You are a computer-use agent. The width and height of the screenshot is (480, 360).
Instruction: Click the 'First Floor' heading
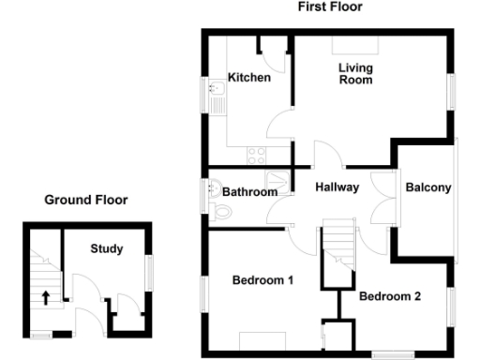pyautogui.click(x=330, y=7)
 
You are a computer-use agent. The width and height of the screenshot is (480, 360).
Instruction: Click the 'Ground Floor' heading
pyautogui.click(x=86, y=200)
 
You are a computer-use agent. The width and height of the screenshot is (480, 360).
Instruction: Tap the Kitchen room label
pyautogui.click(x=249, y=78)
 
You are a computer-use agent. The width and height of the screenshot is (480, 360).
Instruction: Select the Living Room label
pyautogui.click(x=355, y=74)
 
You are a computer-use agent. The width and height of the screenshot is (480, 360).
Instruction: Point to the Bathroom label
pyautogui.click(x=249, y=192)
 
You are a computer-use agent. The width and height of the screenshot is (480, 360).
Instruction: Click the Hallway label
pyautogui.click(x=337, y=187)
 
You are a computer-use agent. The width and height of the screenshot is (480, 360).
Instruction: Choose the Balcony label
pyautogui.click(x=428, y=187)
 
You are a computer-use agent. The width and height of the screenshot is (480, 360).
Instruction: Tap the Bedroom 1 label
pyautogui.click(x=263, y=280)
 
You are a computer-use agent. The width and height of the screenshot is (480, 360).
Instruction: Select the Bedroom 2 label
pyautogui.click(x=390, y=297)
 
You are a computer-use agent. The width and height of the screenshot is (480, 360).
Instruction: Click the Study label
pyautogui.click(x=106, y=249)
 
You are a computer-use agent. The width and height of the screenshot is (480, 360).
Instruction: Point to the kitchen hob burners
pyautogui.click(x=255, y=152)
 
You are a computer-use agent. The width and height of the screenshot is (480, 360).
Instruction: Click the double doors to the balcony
pyautogui.click(x=382, y=199)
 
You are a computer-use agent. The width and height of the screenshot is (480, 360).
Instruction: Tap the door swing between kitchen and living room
pyautogui.click(x=278, y=127)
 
